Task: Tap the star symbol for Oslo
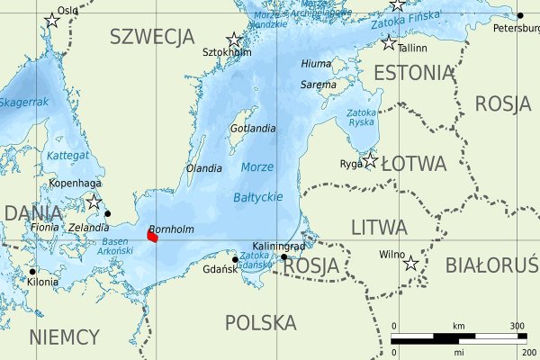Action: pyautogui.click(x=51, y=23)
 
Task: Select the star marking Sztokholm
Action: pyautogui.click(x=234, y=40)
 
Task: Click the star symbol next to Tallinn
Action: pyautogui.click(x=389, y=42)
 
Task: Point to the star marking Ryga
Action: pyautogui.click(x=370, y=160)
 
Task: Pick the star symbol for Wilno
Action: pyautogui.click(x=410, y=263)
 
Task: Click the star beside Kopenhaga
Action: pyautogui.click(x=94, y=202)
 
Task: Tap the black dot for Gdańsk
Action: pyautogui.click(x=235, y=260)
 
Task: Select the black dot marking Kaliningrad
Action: pyautogui.click(x=283, y=256)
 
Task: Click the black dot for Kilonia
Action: pyautogui.click(x=32, y=271)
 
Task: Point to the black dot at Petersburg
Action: pyautogui.click(x=519, y=15)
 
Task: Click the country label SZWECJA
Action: pyautogui.click(x=151, y=37)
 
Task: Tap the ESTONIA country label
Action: pyautogui.click(x=413, y=73)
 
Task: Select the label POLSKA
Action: pyautogui.click(x=260, y=322)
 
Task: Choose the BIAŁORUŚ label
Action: pyautogui.click(x=491, y=265)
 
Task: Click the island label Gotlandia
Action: pyautogui.click(x=253, y=129)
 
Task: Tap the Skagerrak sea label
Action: pyautogui.click(x=23, y=103)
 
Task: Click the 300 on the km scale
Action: pyautogui.click(x=517, y=325)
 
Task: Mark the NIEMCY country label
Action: pyautogui.click(x=64, y=337)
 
